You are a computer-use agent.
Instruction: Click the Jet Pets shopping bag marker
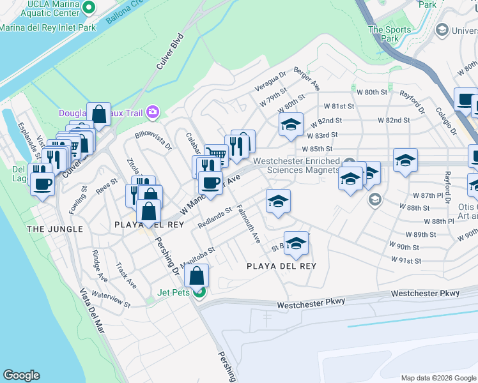[197, 276]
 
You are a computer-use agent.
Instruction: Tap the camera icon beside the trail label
[152, 113]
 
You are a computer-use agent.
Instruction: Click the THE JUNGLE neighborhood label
[54, 229]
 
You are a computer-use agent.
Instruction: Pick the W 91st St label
[406, 260]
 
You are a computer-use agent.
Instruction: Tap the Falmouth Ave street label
[249, 224]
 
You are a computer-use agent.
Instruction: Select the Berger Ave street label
[307, 78]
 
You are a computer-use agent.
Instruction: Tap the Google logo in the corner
[21, 375]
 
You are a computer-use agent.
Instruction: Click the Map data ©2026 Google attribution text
[438, 377]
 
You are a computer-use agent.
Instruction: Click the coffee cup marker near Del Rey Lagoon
[43, 184]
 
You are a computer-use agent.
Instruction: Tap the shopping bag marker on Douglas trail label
[99, 114]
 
